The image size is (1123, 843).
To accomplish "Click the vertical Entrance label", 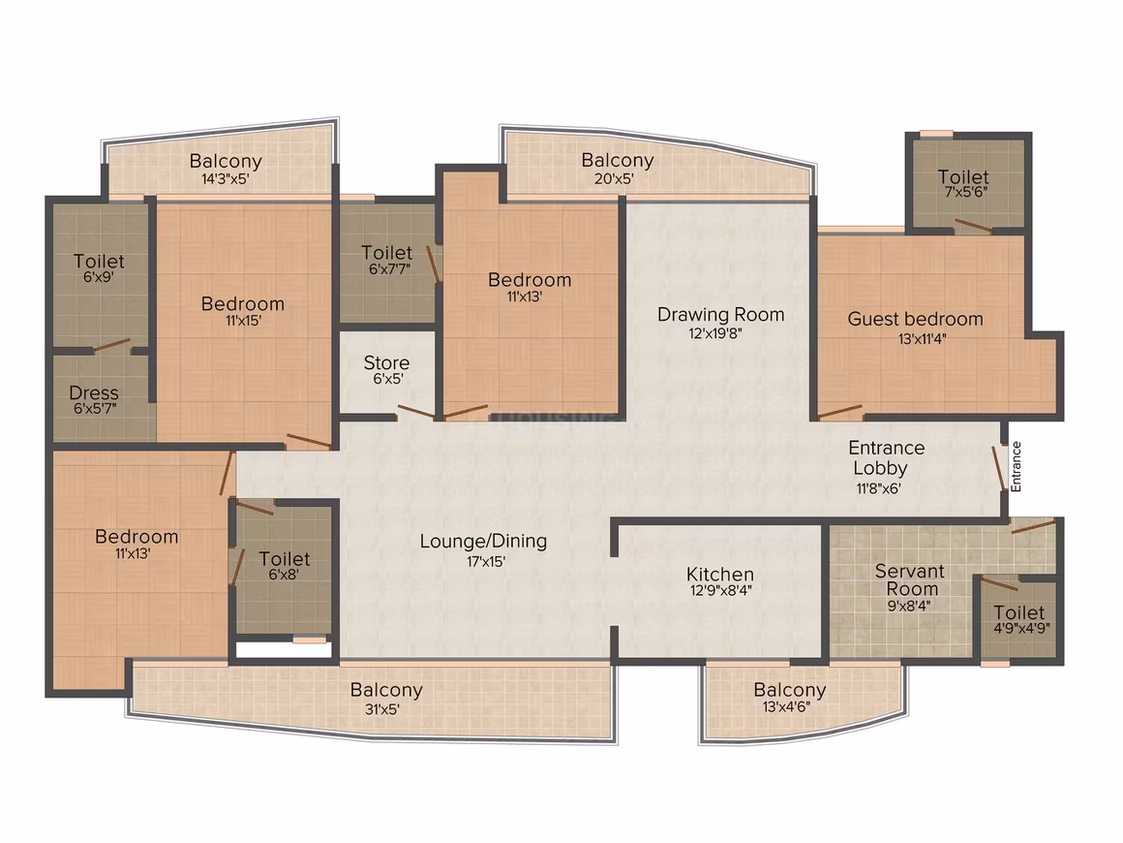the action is pos(1016,467).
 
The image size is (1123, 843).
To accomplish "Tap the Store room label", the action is pos(386,362).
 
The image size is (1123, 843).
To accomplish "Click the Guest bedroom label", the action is pos(915,320).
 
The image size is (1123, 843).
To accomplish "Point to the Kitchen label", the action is pos(719,575).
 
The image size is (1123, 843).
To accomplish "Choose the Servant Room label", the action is pos(910,579).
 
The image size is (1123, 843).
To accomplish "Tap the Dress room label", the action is pos(94,392).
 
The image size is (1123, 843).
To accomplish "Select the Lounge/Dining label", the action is pos(483,542).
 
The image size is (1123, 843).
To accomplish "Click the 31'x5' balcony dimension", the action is pos(381,709).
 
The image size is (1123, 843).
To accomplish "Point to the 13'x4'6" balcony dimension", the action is pos(786,707).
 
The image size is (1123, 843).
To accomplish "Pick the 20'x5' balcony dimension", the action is pos(614,177).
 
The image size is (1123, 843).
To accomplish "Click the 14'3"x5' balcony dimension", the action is pos(225,178).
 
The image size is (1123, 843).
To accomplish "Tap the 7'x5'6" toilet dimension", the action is pos(965,192).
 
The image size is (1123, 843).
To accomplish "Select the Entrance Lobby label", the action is pos(886,458).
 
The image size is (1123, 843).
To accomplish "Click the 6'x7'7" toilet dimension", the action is pos(389,269).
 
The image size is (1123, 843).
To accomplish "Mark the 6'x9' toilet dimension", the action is pos(98,277).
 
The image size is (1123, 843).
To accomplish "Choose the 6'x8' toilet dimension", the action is pos(284,575).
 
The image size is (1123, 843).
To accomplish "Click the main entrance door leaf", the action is pos(997,469).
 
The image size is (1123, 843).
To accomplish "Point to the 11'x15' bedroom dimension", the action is pos(244,321).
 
